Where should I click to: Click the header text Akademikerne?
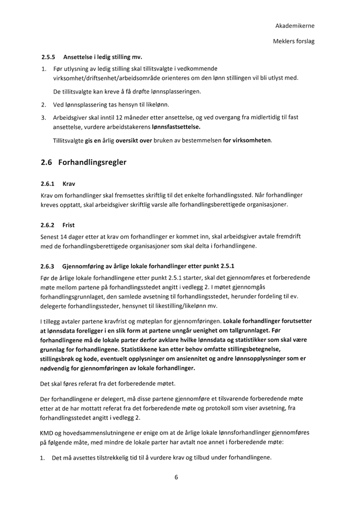pyautogui.click(x=295, y=26)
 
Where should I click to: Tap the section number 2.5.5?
pyautogui.click(x=48, y=56)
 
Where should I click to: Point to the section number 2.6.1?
pyautogui.click(x=48, y=183)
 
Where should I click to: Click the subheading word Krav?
pyautogui.click(x=69, y=183)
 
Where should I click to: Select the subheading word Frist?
pyautogui.click(x=69, y=225)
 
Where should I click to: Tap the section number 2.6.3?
pyautogui.click(x=48, y=266)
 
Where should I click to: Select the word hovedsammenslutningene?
pyautogui.click(x=104, y=432)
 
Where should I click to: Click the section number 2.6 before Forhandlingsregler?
pyautogui.click(x=47, y=162)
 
